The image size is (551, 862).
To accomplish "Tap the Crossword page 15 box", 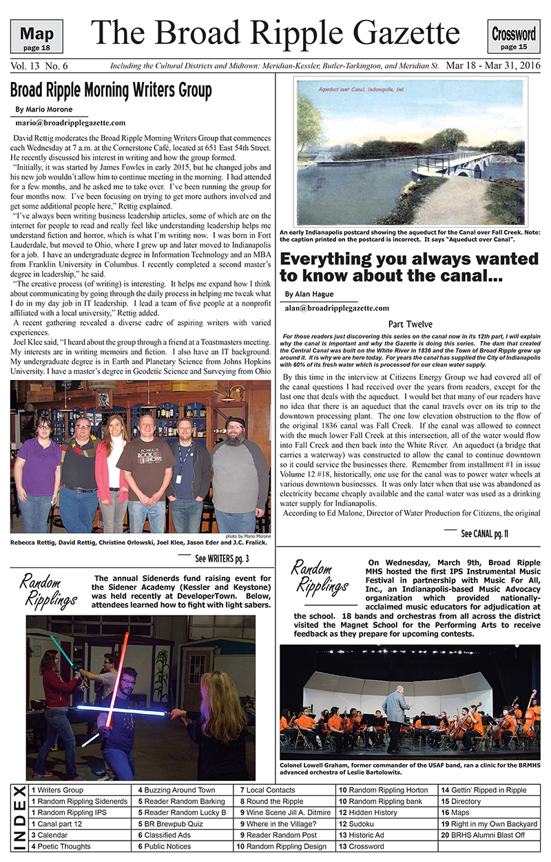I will point(514,36).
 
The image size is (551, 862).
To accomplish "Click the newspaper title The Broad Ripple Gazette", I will point(275,33).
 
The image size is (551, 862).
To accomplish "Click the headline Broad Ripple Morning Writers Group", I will point(111,90).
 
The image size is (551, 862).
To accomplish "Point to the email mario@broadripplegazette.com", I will point(70,123).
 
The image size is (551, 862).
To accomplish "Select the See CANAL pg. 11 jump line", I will point(484,534).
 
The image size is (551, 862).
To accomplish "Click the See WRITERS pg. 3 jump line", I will point(222,558).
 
